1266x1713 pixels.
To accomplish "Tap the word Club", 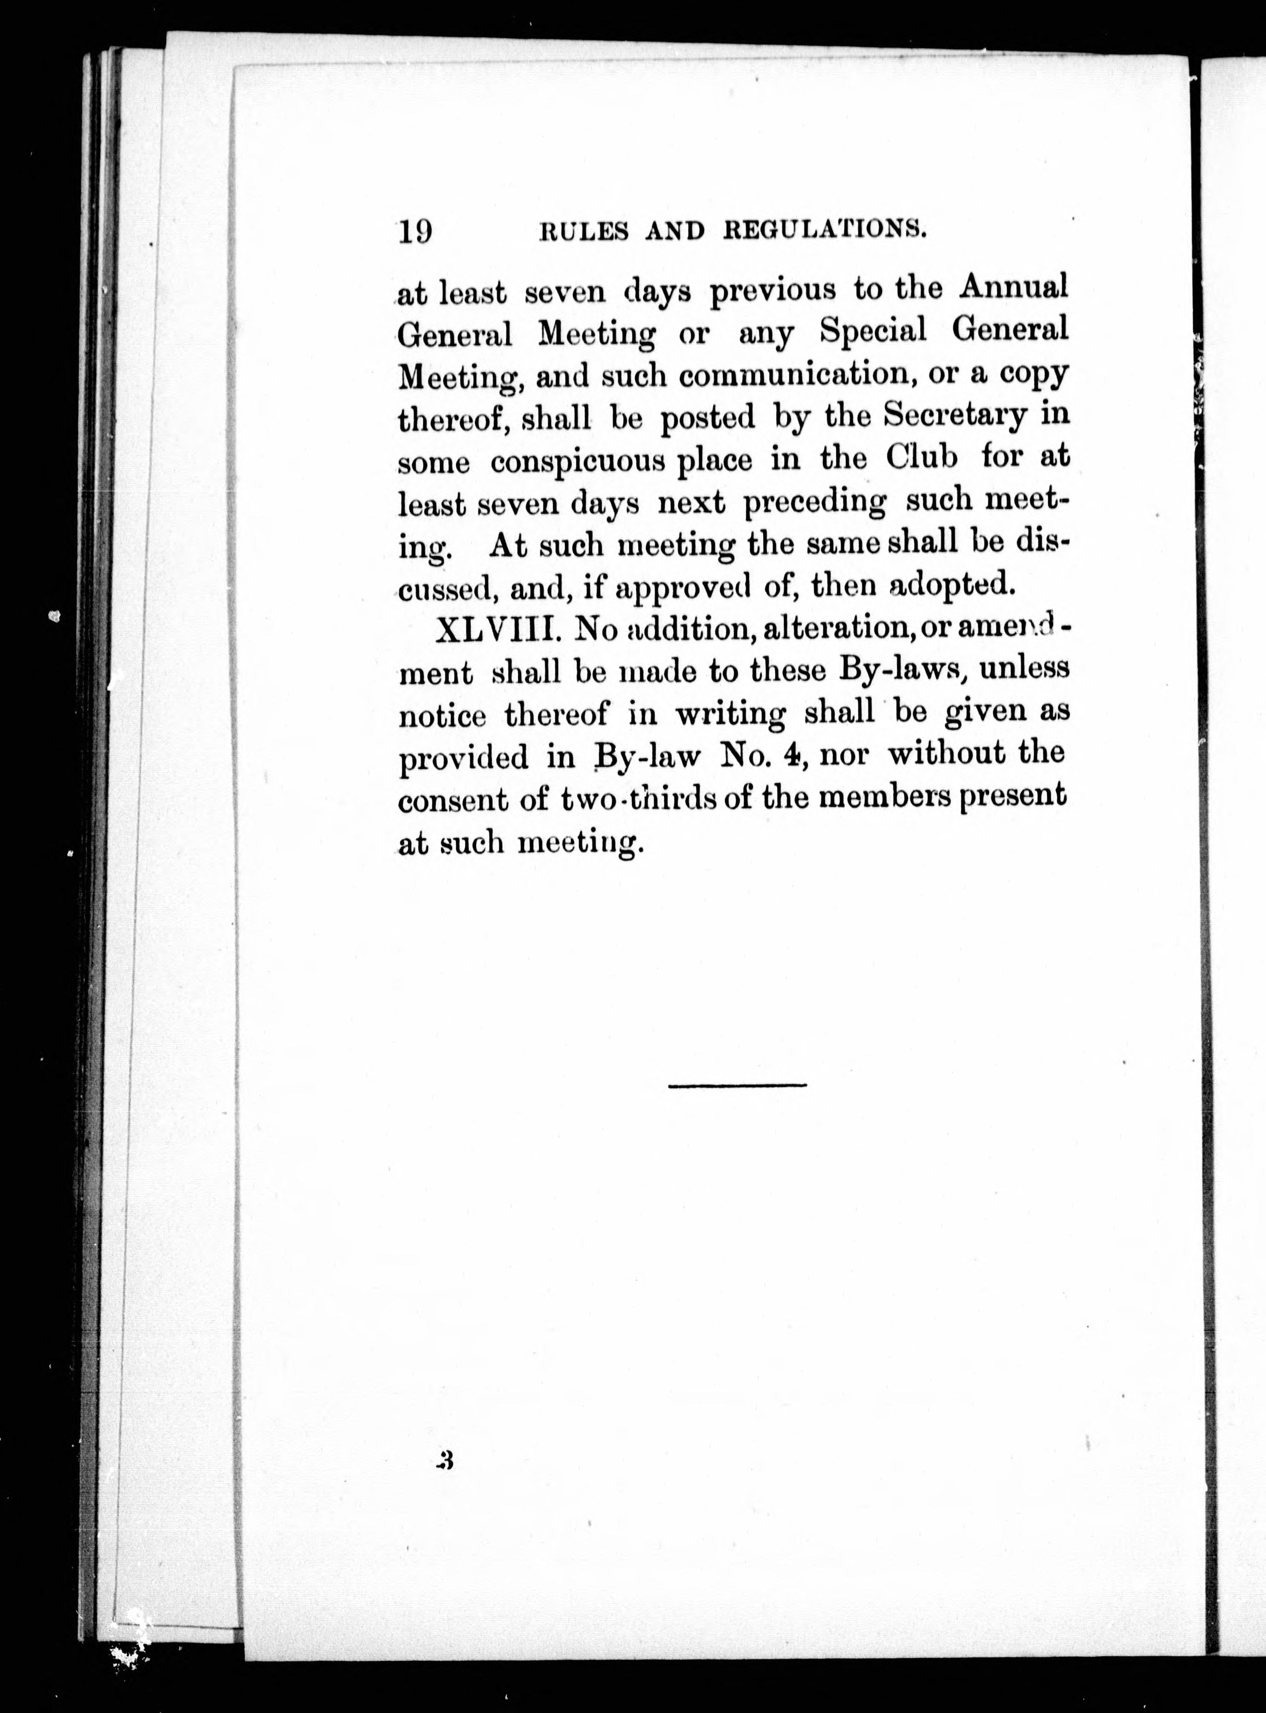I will [x=922, y=458].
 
